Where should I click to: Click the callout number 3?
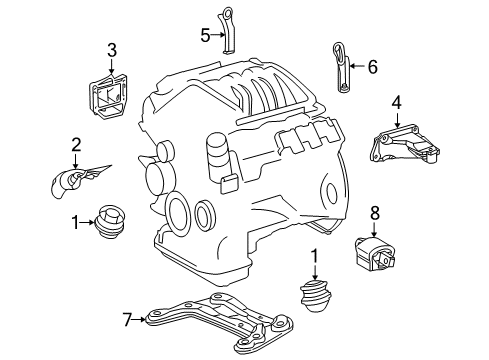(112, 49)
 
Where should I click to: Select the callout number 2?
(75, 147)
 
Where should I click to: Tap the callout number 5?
(205, 35)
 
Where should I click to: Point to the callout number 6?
(373, 67)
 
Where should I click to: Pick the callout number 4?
(396, 102)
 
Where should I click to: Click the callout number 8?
(375, 239)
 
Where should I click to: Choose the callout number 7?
(126, 319)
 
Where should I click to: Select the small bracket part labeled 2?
(75, 181)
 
